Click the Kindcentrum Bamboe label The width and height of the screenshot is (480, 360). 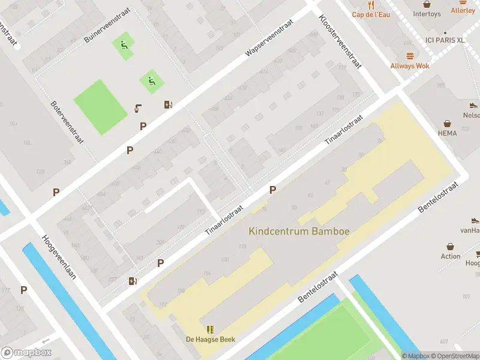[x=299, y=230]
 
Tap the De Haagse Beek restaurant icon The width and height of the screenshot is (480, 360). [x=210, y=329]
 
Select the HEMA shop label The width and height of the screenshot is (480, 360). [x=447, y=133]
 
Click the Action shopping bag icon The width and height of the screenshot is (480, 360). [x=450, y=247]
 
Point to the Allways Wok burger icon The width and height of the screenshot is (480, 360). [x=410, y=55]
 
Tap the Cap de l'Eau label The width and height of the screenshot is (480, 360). [x=371, y=14]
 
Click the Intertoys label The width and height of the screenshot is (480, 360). [x=427, y=14]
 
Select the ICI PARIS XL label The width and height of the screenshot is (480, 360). [x=445, y=40]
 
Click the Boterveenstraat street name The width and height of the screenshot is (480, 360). [x=67, y=121]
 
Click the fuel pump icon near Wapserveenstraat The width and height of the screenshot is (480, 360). [x=169, y=104]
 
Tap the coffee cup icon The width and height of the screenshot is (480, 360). [x=138, y=109]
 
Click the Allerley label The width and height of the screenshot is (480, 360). [x=463, y=10]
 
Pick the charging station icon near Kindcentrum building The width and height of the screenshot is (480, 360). [x=133, y=280]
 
